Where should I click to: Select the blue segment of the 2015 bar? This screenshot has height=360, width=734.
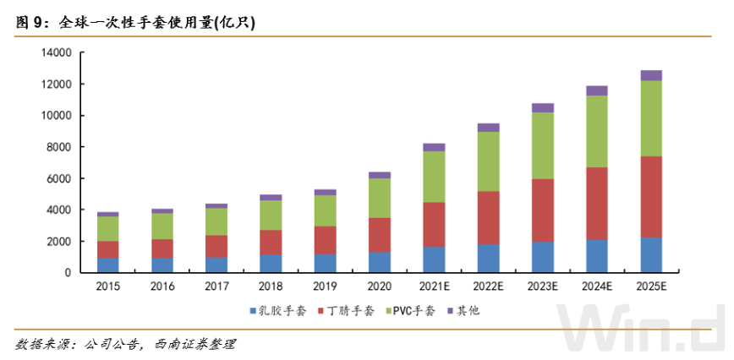click(x=107, y=265)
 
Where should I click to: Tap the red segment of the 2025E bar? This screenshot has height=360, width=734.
click(x=650, y=197)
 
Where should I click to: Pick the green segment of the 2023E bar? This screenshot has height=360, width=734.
click(x=542, y=145)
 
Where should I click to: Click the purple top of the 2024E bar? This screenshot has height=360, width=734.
click(x=596, y=90)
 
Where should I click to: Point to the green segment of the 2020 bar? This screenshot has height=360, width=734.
click(x=380, y=198)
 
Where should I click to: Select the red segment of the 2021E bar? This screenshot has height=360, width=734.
click(x=434, y=224)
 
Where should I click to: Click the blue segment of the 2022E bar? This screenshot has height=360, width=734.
click(x=488, y=258)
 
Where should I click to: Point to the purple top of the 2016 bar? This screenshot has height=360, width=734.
click(x=162, y=210)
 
